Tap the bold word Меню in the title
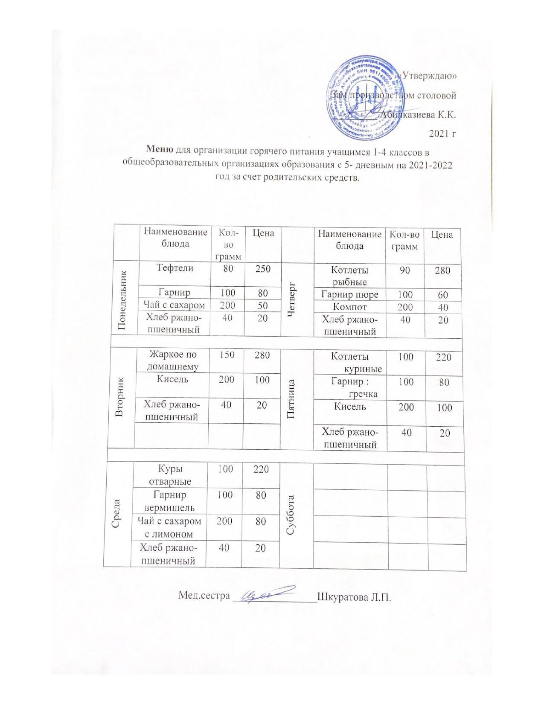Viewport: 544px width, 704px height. [160, 149]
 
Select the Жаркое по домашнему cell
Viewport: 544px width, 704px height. [172, 360]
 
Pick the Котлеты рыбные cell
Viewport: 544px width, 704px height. [350, 276]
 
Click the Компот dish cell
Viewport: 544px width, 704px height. [350, 307]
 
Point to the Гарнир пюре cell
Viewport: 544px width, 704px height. [350, 294]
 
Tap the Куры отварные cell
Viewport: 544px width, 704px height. [169, 474]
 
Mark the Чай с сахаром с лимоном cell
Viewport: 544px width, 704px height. [169, 527]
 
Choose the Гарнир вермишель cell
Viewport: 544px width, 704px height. [169, 501]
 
